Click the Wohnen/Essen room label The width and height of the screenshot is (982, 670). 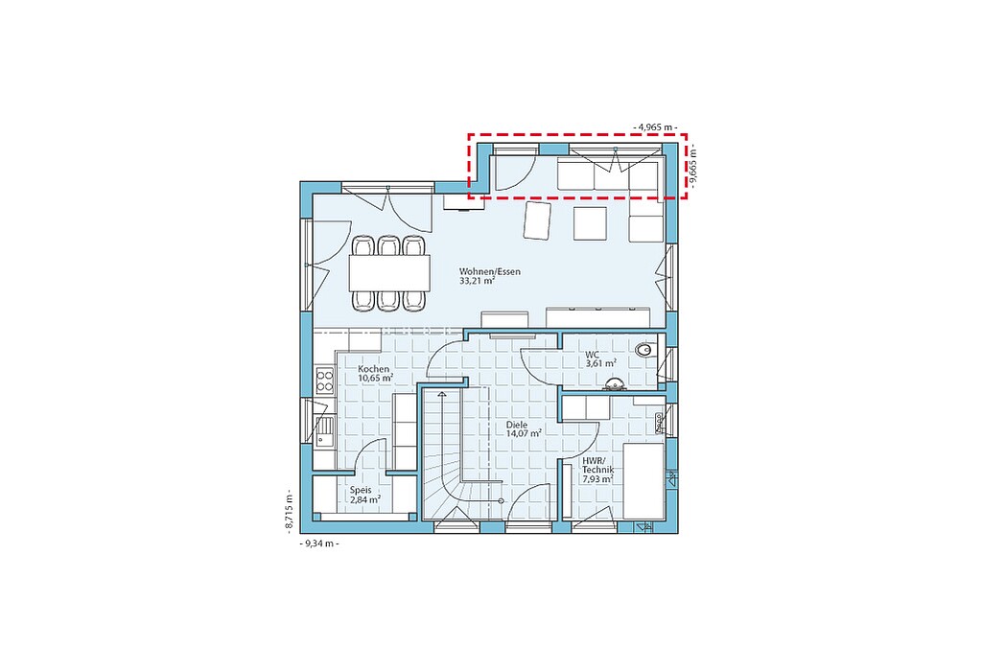coord(490,272)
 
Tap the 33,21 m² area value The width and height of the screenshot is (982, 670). coord(478,281)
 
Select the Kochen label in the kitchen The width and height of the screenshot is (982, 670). coord(373,369)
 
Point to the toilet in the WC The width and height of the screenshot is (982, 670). coord(643,351)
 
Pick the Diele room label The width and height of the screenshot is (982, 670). coord(517,425)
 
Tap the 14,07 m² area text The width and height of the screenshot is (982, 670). coord(524,433)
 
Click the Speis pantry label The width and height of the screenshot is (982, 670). coord(361,491)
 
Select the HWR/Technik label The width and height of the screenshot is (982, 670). coord(598,465)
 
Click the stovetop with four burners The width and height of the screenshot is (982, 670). coord(324,381)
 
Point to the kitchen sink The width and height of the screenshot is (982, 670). coord(324,430)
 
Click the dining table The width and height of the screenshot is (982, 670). coord(389,273)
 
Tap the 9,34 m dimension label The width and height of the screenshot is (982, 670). coord(320,543)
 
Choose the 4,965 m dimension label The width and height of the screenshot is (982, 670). coord(655,127)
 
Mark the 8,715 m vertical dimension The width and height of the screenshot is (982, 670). coord(290,510)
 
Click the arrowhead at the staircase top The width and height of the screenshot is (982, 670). coord(443,394)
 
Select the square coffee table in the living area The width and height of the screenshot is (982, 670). coord(590,223)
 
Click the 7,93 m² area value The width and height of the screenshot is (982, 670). coord(597,479)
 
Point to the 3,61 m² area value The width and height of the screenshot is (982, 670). coord(600,363)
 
